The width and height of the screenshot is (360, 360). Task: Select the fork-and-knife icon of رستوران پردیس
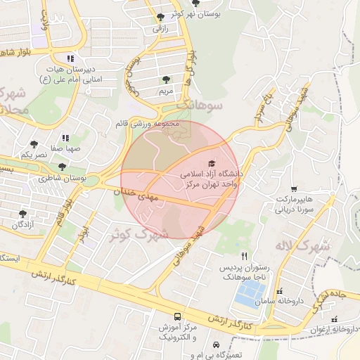tap(244, 256)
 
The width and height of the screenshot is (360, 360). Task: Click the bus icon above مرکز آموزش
tap(176, 317)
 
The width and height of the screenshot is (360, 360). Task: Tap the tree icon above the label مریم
tap(166, 80)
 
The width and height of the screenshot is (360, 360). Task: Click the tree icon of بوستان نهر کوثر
tap(161, 15)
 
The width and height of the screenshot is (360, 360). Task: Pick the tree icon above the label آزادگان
tap(22, 213)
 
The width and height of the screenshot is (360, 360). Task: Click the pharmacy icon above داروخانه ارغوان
tap(334, 319)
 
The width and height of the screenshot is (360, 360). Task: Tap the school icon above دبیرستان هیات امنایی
tap(70, 58)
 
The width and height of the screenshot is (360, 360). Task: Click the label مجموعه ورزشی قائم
tap(148, 124)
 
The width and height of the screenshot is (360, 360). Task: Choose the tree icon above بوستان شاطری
tap(63, 167)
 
